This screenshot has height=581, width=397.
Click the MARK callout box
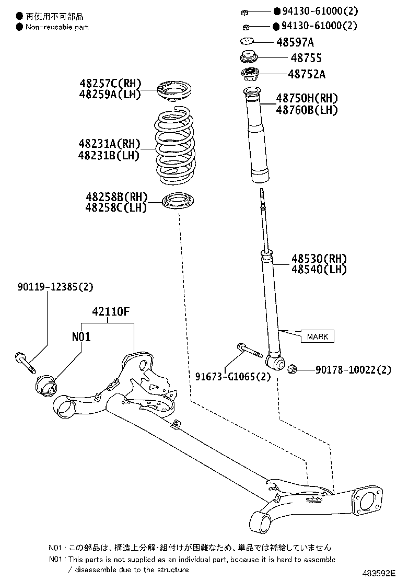(317, 336)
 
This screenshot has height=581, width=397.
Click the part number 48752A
(306, 74)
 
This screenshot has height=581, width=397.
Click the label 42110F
(110, 312)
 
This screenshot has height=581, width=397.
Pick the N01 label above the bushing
(81, 337)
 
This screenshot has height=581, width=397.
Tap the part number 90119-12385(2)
(55, 286)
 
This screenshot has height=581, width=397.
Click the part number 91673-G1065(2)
(233, 376)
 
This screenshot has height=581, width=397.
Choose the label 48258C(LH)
(116, 208)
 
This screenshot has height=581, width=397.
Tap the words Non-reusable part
(57, 27)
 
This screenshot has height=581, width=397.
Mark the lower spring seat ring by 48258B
(179, 202)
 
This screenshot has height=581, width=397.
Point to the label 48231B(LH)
(109, 155)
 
